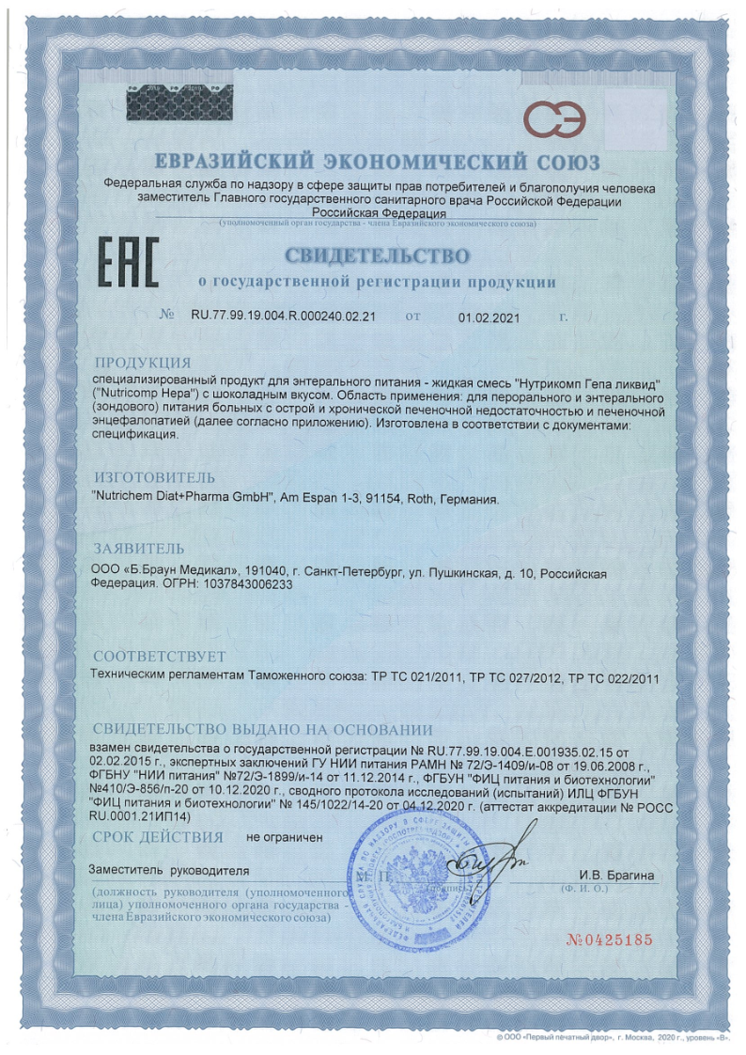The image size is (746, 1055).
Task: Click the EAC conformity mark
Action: (130, 263)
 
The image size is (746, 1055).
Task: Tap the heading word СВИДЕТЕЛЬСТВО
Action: (376, 256)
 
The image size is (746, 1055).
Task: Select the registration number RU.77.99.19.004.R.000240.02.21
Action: (284, 317)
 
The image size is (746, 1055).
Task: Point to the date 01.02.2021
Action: (490, 317)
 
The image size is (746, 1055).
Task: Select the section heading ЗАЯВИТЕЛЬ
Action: (138, 549)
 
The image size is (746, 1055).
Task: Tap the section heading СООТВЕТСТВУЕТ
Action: (159, 656)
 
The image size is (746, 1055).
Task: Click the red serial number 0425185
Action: (609, 939)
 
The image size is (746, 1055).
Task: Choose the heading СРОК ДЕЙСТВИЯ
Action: (157, 836)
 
